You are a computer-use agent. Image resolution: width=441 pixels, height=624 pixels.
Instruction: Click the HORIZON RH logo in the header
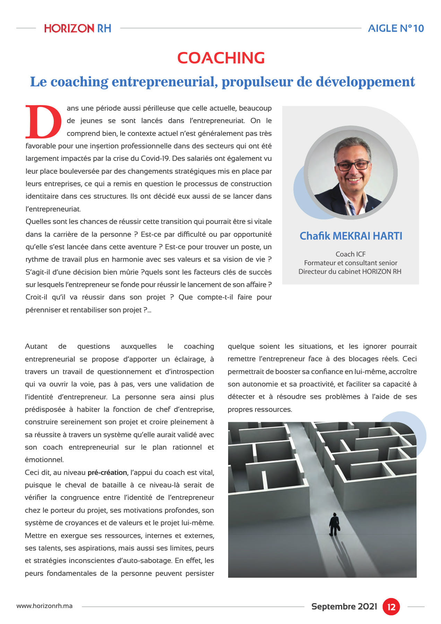coord(78,28)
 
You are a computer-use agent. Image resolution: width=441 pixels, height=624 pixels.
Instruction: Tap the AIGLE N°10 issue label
coord(396,28)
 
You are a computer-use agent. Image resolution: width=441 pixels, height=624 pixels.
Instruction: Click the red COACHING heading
coord(221,58)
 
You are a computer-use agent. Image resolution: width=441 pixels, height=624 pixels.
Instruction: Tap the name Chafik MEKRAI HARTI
coord(351,236)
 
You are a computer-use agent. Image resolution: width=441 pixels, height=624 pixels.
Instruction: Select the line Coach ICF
coord(351,254)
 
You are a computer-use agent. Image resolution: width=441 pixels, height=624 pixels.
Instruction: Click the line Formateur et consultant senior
coord(351,263)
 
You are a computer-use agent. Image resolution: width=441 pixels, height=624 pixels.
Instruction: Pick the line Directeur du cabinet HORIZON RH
coord(350,271)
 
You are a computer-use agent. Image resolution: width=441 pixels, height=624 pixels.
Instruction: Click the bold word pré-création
coord(107,473)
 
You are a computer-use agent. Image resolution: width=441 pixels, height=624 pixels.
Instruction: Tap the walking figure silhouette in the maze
coord(334,525)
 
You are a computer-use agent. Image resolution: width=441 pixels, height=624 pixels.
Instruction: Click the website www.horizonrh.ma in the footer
coord(44,606)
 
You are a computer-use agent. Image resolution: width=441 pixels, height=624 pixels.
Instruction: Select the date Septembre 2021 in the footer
coord(344,606)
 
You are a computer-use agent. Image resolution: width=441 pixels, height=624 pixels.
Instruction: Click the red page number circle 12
coord(391,607)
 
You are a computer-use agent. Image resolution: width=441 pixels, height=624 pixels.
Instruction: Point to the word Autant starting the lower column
coord(36,346)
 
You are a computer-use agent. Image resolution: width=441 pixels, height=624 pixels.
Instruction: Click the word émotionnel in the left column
coord(44,460)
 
